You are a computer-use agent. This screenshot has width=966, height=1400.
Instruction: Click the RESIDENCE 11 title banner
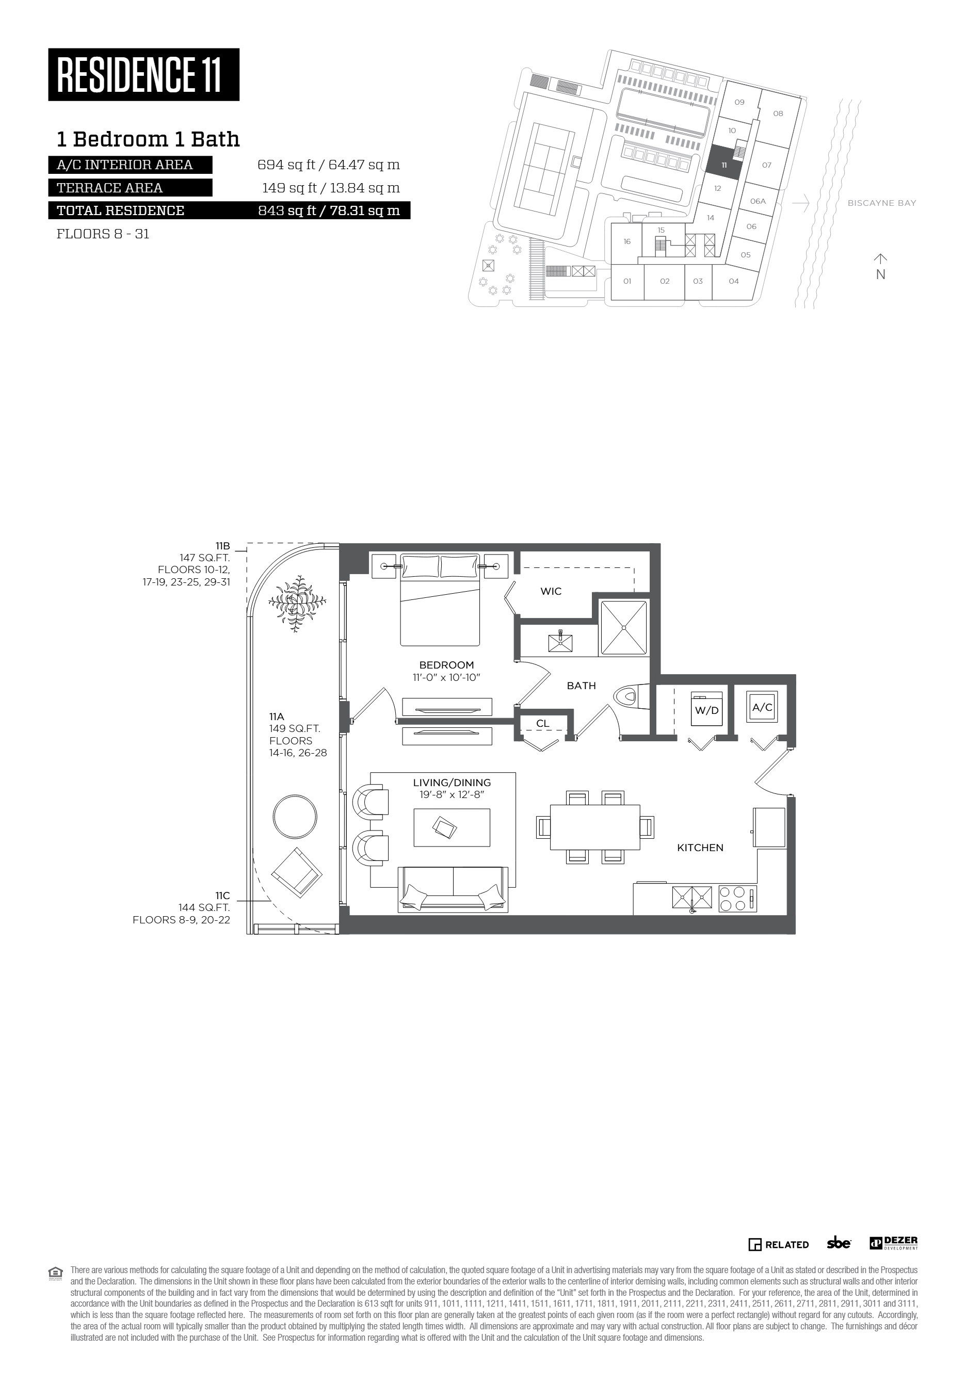pyautogui.click(x=143, y=74)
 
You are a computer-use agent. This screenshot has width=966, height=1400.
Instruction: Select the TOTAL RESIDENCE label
pyautogui.click(x=120, y=210)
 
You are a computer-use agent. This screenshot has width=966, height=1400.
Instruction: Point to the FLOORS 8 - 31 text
pyautogui.click(x=103, y=234)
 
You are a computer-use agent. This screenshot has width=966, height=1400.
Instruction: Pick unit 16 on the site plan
pyautogui.click(x=627, y=241)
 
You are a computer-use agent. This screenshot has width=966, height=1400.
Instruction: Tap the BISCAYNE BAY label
pyautogui.click(x=882, y=203)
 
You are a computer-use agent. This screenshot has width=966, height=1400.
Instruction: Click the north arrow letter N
pyautogui.click(x=881, y=274)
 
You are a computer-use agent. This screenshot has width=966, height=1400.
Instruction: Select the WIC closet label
pyautogui.click(x=551, y=591)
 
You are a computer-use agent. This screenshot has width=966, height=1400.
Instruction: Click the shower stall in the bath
pyautogui.click(x=623, y=627)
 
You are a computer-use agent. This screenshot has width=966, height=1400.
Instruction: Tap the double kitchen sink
pyautogui.click(x=693, y=898)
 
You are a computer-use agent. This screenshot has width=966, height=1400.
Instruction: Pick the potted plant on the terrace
pyautogui.click(x=297, y=603)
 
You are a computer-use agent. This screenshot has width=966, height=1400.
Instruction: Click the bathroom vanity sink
pyautogui.click(x=560, y=641)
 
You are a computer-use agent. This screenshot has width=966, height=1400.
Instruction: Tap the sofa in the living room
pyautogui.click(x=453, y=889)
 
